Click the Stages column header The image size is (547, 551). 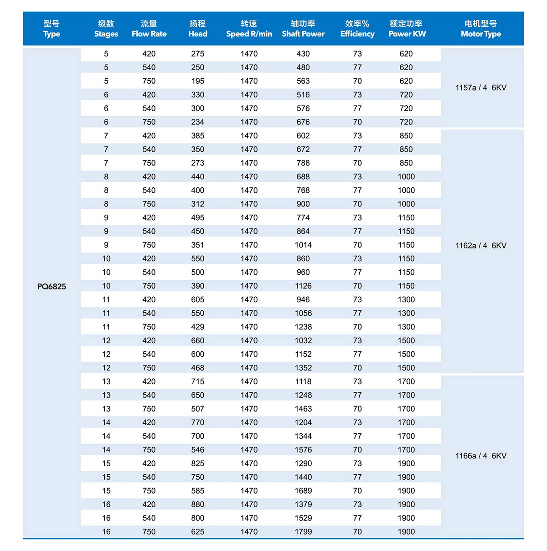(106, 29)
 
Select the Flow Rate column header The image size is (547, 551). (149, 29)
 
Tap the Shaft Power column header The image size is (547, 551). (303, 29)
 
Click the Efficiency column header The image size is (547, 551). (357, 29)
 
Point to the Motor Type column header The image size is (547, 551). (481, 29)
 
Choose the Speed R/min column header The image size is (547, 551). (249, 29)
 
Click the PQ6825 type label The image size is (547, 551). (52, 287)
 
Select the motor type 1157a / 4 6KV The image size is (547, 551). (481, 88)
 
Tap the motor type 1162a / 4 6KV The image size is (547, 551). (481, 246)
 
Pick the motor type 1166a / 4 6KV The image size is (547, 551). (481, 456)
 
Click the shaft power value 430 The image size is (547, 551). (303, 54)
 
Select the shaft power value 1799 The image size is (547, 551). (303, 532)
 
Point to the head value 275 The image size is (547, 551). (198, 54)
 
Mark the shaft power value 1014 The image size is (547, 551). (303, 245)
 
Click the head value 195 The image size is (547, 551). (198, 81)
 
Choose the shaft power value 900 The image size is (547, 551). (303, 204)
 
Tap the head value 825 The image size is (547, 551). (198, 463)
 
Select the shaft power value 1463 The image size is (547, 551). (303, 409)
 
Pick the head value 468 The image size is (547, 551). (198, 368)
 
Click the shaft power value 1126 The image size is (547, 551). (303, 286)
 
